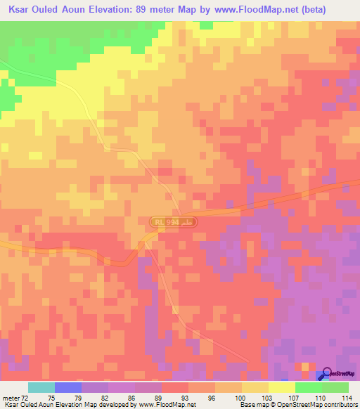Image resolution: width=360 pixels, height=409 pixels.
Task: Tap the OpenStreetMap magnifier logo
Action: (326, 375)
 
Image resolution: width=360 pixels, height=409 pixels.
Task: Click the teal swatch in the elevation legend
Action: (41, 387)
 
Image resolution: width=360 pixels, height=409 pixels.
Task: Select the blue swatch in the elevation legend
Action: (68, 387)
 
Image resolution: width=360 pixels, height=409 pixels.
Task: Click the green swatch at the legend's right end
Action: (335, 387)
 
